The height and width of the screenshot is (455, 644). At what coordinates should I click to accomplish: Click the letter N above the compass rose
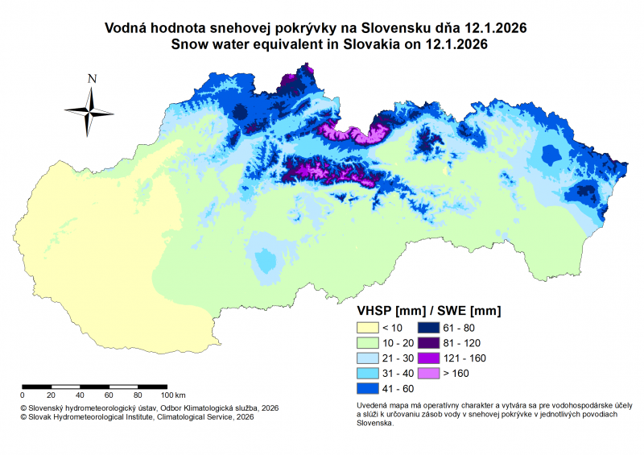click(x=93, y=79)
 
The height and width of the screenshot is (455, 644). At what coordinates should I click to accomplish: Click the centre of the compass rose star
click(x=90, y=111)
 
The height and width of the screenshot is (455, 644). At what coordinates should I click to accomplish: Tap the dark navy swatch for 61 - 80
click(x=428, y=328)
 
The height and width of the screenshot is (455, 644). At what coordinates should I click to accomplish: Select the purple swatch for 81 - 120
click(x=428, y=343)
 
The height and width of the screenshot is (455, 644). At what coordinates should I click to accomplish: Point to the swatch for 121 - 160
click(x=428, y=358)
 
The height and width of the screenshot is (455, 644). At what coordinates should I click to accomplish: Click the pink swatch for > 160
click(x=428, y=374)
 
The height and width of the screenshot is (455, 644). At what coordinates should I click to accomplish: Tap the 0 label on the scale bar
click(x=22, y=395)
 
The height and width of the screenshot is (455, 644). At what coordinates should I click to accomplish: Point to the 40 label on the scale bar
click(x=80, y=395)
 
